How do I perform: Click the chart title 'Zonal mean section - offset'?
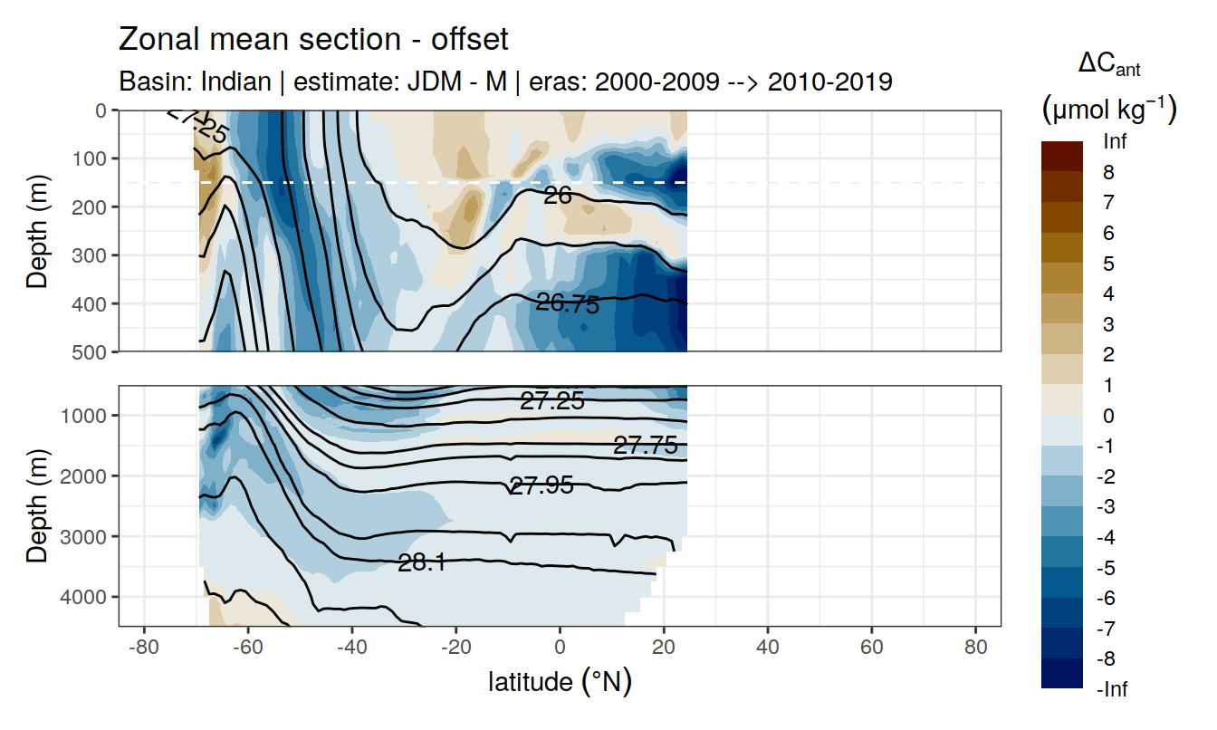[313, 40]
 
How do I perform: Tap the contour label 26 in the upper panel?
[557, 194]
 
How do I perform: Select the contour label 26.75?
[568, 304]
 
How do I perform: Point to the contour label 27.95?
[541, 486]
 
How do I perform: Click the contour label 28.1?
[421, 563]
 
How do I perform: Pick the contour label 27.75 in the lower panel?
[645, 445]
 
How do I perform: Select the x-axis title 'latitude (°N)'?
[560, 682]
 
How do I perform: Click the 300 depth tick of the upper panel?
[90, 255]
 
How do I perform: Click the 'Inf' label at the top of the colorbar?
[1115, 142]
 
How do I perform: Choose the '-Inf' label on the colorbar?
[1112, 689]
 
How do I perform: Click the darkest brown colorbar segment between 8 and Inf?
[1061, 156]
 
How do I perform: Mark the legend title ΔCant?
[1108, 64]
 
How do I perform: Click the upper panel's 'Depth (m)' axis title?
[37, 230]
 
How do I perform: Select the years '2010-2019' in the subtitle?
[830, 82]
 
